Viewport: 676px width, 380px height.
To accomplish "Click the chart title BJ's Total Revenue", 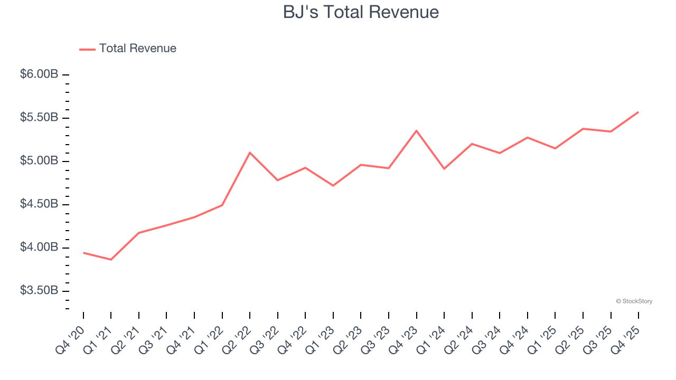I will pos(361,12).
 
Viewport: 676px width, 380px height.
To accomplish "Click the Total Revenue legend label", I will pos(137,49).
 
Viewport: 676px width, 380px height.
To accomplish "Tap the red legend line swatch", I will pos(87,49).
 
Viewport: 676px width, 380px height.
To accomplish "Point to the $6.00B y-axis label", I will pos(39,74).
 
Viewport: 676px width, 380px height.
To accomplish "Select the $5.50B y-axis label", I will pos(39,118).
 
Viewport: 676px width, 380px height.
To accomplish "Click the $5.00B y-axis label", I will pos(39,161).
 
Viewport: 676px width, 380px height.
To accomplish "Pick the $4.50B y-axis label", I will pos(39,204).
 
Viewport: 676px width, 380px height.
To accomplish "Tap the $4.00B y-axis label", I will pos(39,248).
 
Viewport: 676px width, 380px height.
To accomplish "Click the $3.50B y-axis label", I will pos(39,291).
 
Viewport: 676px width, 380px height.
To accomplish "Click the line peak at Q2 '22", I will pos(250,153).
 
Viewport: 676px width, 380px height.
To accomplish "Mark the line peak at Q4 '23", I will pos(416,130).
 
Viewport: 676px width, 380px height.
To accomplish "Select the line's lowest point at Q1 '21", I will pos(111,260).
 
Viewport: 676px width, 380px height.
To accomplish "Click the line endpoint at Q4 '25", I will pos(639,112).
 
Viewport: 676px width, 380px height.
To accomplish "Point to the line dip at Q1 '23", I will pos(333,186).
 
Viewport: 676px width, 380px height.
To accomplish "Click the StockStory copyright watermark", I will pos(634,301).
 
